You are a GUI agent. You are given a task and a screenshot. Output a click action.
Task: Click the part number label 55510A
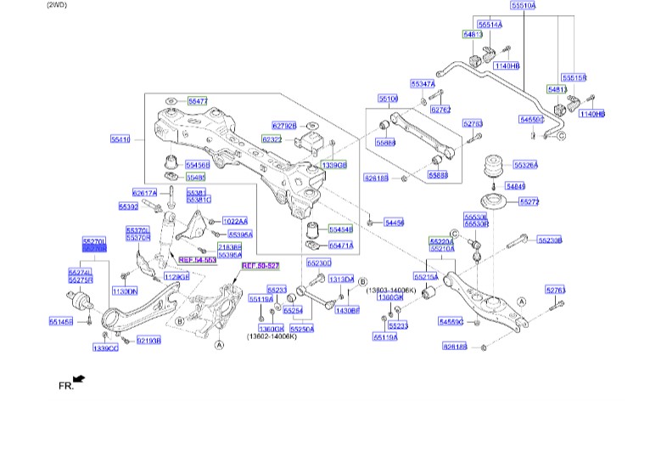click(x=524, y=6)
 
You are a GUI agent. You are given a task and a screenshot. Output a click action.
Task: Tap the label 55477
click(x=198, y=101)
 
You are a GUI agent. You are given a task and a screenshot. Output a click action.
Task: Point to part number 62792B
click(x=283, y=126)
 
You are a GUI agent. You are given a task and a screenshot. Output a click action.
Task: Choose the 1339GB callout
click(x=334, y=164)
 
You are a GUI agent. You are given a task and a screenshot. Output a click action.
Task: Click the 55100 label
click(x=388, y=99)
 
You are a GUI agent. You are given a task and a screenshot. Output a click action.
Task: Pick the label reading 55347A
click(x=422, y=84)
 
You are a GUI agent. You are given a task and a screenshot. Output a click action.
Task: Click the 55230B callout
click(x=550, y=240)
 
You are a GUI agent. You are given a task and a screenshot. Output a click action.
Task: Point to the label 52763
click(x=555, y=291)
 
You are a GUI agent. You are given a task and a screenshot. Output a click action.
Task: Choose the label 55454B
click(x=340, y=229)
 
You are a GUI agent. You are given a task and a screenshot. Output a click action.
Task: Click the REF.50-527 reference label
click(x=259, y=266)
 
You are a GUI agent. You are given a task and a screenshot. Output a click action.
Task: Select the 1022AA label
click(x=234, y=221)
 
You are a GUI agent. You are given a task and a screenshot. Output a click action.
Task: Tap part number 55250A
click(x=301, y=328)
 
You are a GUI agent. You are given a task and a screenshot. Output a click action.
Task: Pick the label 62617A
click(x=145, y=194)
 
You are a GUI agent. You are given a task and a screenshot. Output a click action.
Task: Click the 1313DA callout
click(x=341, y=280)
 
